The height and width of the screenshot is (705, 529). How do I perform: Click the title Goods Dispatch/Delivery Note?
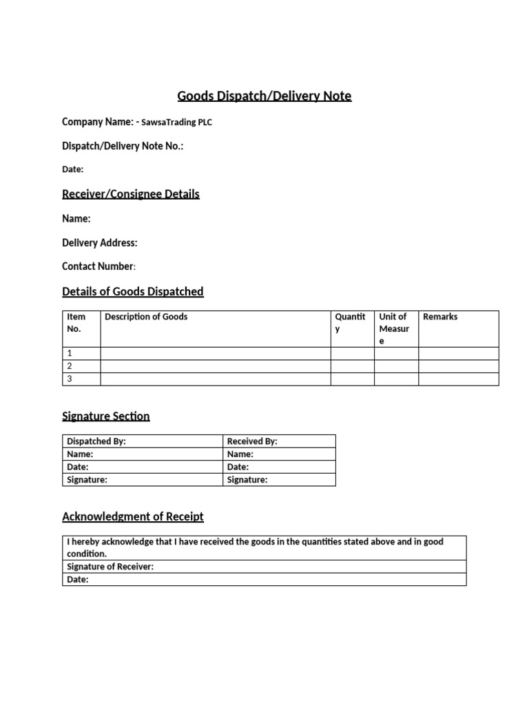pyautogui.click(x=264, y=96)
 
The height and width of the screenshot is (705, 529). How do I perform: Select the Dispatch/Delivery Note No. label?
pyautogui.click(x=123, y=146)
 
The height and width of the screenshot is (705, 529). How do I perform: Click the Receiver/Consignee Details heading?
pyautogui.click(x=131, y=194)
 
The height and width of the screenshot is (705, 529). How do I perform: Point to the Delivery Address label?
pyautogui.click(x=100, y=242)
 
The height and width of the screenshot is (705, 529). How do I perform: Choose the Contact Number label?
pyautogui.click(x=98, y=266)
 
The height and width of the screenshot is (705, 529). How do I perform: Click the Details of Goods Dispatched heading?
pyautogui.click(x=133, y=292)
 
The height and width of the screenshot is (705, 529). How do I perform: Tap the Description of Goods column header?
pyautogui.click(x=146, y=317)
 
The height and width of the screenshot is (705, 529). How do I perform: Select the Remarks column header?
pyautogui.click(x=440, y=317)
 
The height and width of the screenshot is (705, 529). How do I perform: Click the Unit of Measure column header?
pyautogui.click(x=394, y=328)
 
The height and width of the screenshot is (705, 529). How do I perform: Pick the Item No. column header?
pyautogui.click(x=76, y=323)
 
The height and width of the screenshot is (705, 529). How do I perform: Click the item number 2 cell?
pyautogui.click(x=70, y=366)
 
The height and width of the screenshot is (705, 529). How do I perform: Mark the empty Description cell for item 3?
pyautogui.click(x=216, y=379)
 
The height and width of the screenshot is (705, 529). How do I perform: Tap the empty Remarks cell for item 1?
pyautogui.click(x=458, y=353)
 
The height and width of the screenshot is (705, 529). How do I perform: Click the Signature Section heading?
pyautogui.click(x=106, y=417)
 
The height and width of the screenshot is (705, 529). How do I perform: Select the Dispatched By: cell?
pyautogui.click(x=96, y=441)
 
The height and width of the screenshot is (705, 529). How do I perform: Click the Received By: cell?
pyautogui.click(x=252, y=441)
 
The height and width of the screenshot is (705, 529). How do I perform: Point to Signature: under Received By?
pyautogui.click(x=247, y=480)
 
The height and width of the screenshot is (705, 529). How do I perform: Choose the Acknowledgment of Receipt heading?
pyautogui.click(x=133, y=517)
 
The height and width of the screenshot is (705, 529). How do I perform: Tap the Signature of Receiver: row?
pyautogui.click(x=110, y=567)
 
